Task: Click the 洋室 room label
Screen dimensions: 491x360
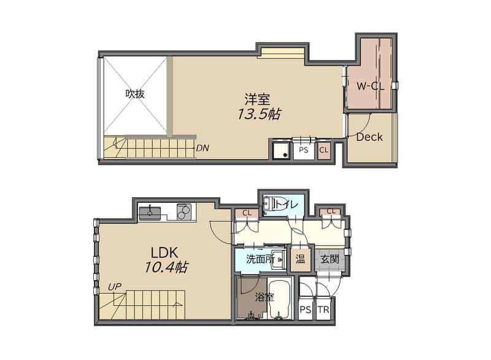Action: [257, 100]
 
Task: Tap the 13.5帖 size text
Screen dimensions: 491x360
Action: [258, 114]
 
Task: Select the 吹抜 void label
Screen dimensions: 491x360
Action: [135, 93]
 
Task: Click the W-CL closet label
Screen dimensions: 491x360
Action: [370, 86]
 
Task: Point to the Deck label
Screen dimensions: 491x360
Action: [369, 137]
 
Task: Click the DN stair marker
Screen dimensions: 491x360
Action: [203, 148]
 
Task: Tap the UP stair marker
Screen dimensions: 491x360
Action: [115, 287]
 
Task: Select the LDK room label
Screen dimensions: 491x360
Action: [164, 252]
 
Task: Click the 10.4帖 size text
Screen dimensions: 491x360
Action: [166, 267]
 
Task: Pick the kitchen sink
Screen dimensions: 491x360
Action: [150, 213]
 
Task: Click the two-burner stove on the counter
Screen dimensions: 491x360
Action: [184, 211]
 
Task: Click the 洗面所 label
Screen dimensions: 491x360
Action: [260, 259]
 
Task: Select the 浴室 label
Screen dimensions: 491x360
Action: [265, 297]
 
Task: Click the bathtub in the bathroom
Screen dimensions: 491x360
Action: [280, 300]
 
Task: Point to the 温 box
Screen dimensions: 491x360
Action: [301, 259]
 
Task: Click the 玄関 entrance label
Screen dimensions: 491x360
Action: [330, 259]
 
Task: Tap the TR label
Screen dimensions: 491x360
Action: [323, 310]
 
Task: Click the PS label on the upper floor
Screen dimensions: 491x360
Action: [303, 150]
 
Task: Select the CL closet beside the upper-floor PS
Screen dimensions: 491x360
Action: [324, 150]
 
